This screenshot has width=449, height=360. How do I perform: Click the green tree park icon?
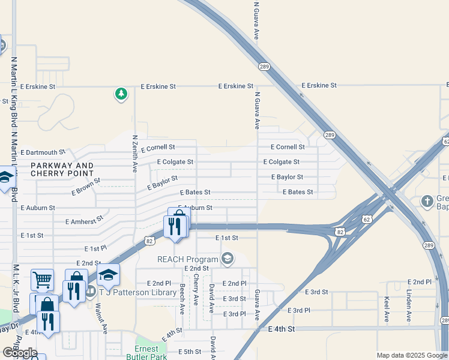tap(121, 94)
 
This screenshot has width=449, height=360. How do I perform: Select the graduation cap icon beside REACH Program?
tap(227, 259)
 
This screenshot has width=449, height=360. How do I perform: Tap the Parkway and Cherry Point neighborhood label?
tap(62, 169)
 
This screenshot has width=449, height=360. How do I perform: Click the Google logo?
tap(20, 353)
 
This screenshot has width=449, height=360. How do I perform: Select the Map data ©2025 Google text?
tap(411, 355)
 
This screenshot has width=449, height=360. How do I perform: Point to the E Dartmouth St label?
tap(42, 153)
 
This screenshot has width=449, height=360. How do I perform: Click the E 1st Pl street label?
tap(95, 248)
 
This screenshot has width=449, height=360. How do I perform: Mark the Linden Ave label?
tap(408, 305)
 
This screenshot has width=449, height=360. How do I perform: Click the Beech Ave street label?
tap(182, 299)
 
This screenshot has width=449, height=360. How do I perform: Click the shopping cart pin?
tap(42, 279)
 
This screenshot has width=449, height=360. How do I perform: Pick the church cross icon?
tap(427, 200)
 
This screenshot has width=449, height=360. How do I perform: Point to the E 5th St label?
tap(189, 352)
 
